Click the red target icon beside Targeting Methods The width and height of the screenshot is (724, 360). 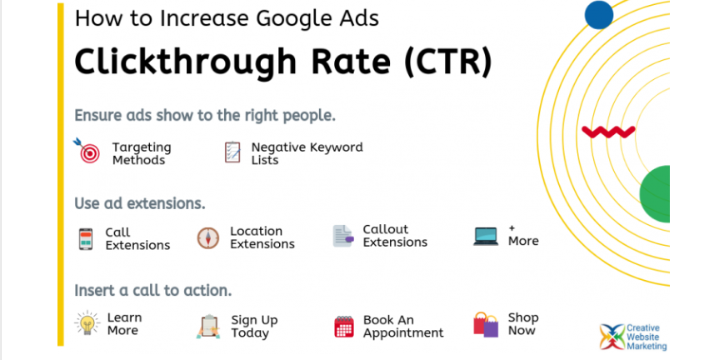click(x=87, y=151)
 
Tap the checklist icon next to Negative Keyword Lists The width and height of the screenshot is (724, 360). click(x=232, y=152)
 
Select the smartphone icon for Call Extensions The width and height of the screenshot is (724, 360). click(x=86, y=239)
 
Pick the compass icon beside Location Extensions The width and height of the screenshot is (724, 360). click(x=208, y=238)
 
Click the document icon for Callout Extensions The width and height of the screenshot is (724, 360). click(x=343, y=236)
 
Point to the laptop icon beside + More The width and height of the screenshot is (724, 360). click(x=486, y=237)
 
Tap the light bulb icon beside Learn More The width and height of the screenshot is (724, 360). click(x=87, y=322)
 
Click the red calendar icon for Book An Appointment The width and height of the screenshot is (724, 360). click(x=344, y=327)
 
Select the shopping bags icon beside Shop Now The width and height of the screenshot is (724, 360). click(x=486, y=324)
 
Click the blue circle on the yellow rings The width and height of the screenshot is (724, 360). click(x=599, y=15)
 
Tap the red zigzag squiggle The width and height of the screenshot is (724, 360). click(x=608, y=132)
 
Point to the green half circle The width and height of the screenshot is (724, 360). click(x=655, y=194)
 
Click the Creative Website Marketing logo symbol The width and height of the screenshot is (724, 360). click(x=612, y=337)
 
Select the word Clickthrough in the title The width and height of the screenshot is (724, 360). click(x=185, y=62)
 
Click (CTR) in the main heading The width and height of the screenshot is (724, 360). click(x=447, y=62)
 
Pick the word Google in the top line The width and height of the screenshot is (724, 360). click(x=283, y=18)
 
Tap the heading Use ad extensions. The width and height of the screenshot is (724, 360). click(x=140, y=203)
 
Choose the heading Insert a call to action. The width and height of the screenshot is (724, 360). click(x=152, y=291)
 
